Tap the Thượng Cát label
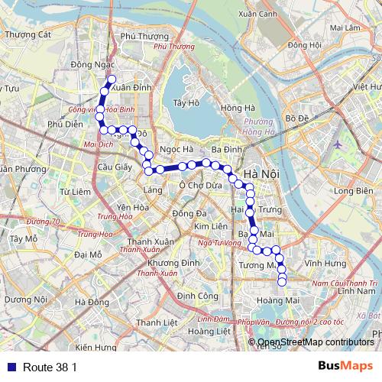[x=28, y=34]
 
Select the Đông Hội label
[x=304, y=45]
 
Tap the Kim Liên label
[x=211, y=227]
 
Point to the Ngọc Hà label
[x=170, y=149]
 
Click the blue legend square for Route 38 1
[x=9, y=367]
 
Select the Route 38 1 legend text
[x=50, y=367]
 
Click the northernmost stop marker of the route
[x=112, y=79]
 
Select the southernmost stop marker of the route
[x=282, y=283]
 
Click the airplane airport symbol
[x=338, y=142]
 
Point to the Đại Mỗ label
[x=89, y=254]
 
